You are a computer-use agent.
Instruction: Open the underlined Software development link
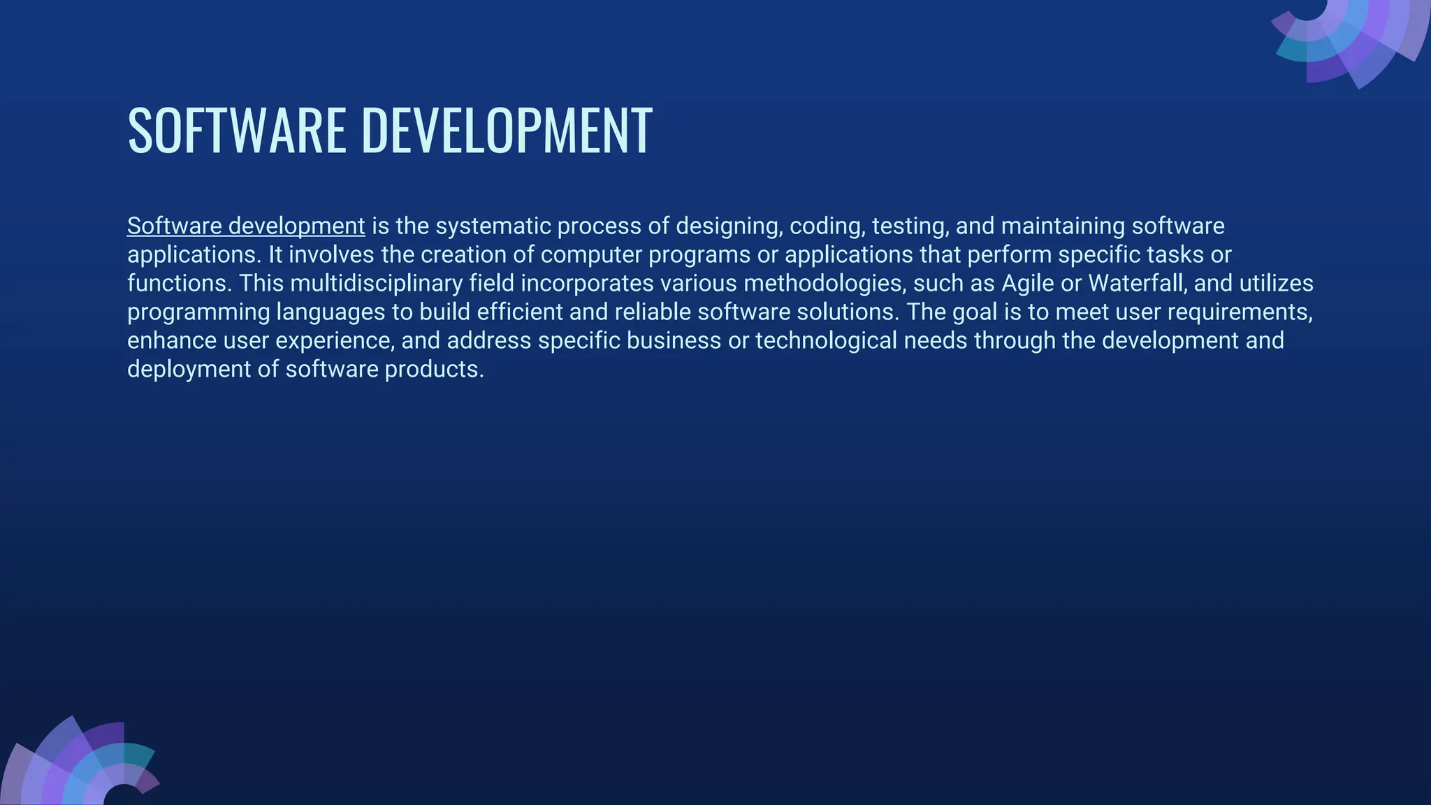point(246,226)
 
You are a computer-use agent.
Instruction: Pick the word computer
point(591,255)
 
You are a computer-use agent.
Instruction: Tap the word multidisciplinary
point(376,284)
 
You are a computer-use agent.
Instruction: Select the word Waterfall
point(1138,284)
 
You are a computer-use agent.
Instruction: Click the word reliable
point(653,312)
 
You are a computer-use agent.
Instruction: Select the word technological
point(826,341)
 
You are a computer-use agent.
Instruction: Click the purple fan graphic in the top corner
point(1356,38)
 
